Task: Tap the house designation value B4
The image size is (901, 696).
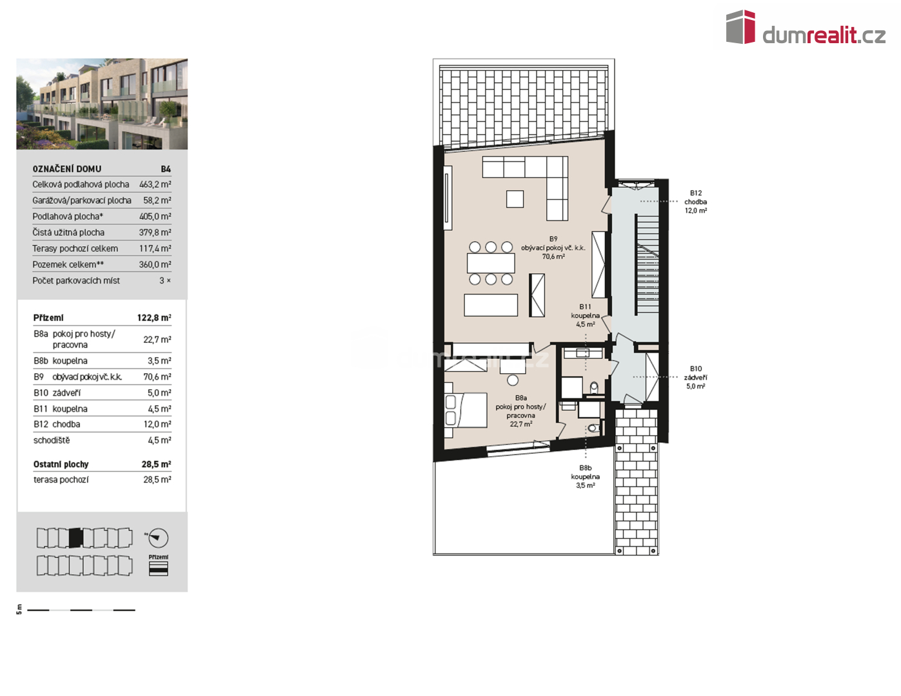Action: point(166,169)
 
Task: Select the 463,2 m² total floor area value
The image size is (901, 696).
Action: point(155,184)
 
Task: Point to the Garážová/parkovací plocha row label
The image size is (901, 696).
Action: point(82,200)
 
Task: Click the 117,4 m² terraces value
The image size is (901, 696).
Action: point(155,249)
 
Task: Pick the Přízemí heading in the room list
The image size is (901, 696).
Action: point(48,318)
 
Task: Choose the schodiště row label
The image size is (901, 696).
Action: point(52,440)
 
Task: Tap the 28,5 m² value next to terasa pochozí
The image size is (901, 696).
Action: point(157,479)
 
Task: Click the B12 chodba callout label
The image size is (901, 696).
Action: point(695,202)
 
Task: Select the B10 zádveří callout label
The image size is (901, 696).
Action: point(695,378)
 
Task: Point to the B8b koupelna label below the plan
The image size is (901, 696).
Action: point(585,476)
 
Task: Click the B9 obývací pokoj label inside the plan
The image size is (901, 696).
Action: point(553,247)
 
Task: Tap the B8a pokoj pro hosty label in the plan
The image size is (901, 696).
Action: point(520,411)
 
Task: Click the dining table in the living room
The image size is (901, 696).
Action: point(491,263)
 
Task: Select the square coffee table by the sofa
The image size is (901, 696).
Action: point(515,199)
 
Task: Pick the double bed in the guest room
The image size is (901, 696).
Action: point(465,410)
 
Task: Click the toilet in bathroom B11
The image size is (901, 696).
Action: point(594,388)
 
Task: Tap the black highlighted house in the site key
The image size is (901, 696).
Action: point(76,538)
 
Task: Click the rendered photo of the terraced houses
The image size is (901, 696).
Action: point(102,104)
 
